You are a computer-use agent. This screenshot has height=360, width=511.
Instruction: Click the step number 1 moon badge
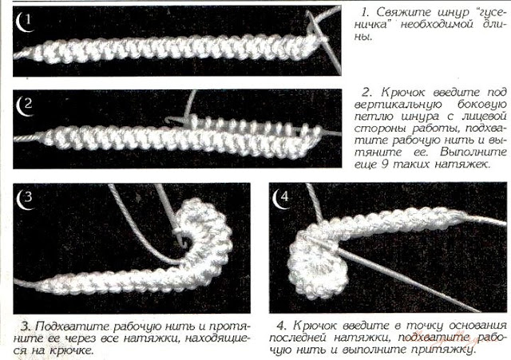(x=24, y=22)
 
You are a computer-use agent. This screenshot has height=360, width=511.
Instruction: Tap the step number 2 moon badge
(x=25, y=106)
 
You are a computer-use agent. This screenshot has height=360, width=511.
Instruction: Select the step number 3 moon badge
(x=25, y=199)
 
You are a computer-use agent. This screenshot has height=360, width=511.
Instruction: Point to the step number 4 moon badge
(x=281, y=199)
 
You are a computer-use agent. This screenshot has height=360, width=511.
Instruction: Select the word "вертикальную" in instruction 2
(x=398, y=105)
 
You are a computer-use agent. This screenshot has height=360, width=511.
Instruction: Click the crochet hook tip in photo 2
(x=167, y=121)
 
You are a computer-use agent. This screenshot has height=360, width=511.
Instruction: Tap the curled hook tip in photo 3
(x=186, y=243)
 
